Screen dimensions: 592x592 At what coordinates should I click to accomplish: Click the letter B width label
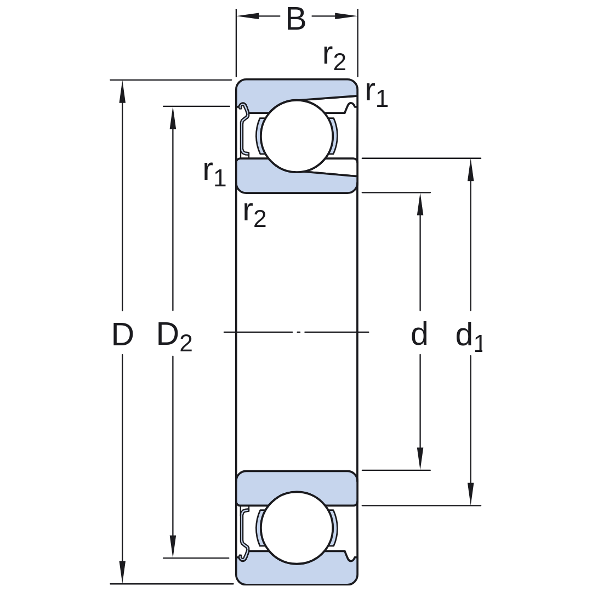click(295, 19)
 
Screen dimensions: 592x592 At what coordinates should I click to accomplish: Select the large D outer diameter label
click(123, 334)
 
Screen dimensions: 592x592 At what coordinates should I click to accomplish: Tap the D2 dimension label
click(174, 337)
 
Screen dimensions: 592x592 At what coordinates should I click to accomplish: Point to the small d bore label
click(419, 334)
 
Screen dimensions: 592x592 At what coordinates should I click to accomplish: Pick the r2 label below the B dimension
click(334, 58)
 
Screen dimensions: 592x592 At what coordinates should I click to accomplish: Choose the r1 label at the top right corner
click(377, 94)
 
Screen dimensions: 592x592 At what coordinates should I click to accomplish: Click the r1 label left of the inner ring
click(214, 173)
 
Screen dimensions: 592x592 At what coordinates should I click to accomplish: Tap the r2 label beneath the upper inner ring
click(255, 214)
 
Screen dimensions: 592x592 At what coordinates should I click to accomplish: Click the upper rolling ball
click(297, 136)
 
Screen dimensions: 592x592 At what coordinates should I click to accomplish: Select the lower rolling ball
click(297, 528)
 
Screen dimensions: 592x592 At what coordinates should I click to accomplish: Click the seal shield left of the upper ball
click(244, 129)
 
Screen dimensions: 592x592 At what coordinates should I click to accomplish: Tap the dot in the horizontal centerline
click(299, 332)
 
